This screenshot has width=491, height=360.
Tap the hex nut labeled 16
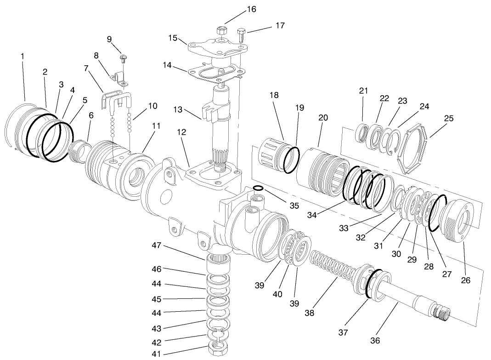point(221,31)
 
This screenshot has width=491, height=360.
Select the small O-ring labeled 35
point(258,188)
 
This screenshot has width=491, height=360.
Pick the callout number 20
point(323,118)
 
